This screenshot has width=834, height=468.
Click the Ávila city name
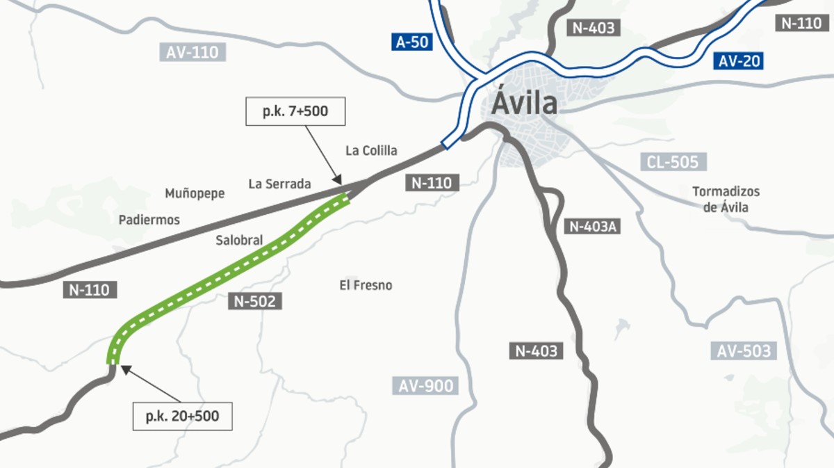525,104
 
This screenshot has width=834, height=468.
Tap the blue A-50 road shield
412,42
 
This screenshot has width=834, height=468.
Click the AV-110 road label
193,52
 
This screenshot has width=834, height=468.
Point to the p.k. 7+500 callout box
295,111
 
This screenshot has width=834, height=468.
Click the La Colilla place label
371,151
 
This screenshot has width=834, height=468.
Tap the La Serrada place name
279,184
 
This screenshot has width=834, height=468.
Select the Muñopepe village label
195,193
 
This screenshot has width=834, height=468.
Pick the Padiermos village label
149,220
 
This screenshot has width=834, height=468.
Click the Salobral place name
239,241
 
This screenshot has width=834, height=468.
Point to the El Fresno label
366,285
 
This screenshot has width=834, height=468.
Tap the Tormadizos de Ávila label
726,199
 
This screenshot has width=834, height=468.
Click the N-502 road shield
255,301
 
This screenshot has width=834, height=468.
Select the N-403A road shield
594,226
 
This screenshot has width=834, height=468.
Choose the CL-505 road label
673,163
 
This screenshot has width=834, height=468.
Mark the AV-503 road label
743,351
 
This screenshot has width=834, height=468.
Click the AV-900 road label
426,386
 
